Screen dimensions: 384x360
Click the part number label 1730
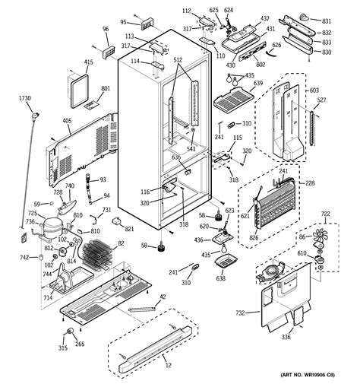tap(25, 99)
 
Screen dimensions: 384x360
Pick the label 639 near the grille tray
tap(258, 84)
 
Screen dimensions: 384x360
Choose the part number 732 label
tap(240, 313)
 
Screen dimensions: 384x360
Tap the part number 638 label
tap(221, 278)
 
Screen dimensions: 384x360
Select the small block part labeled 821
tap(118, 221)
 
